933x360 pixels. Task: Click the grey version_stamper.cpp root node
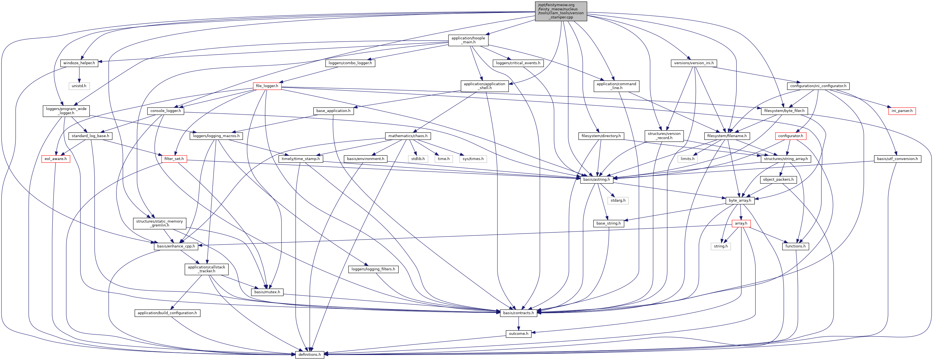pos(561,11)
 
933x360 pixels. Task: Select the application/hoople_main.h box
pos(468,40)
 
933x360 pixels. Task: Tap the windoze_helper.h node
pos(79,63)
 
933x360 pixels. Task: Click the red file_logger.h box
pos(267,86)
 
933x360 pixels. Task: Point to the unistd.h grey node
pos(79,86)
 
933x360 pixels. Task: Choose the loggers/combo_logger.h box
pos(350,63)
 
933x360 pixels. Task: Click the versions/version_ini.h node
pos(694,63)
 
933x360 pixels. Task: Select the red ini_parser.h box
pos(901,111)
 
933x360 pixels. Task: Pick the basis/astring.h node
pos(596,180)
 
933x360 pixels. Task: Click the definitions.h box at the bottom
pos(309,355)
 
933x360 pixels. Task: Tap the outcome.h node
pos(519,333)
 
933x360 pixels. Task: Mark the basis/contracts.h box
pos(519,313)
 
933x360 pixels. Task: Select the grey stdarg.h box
pos(618,200)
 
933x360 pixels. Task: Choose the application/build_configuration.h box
pos(167,313)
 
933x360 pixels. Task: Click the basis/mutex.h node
pos(267,292)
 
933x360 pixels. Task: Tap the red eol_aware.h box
pos(55,159)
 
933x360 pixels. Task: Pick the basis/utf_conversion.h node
pos(897,159)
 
